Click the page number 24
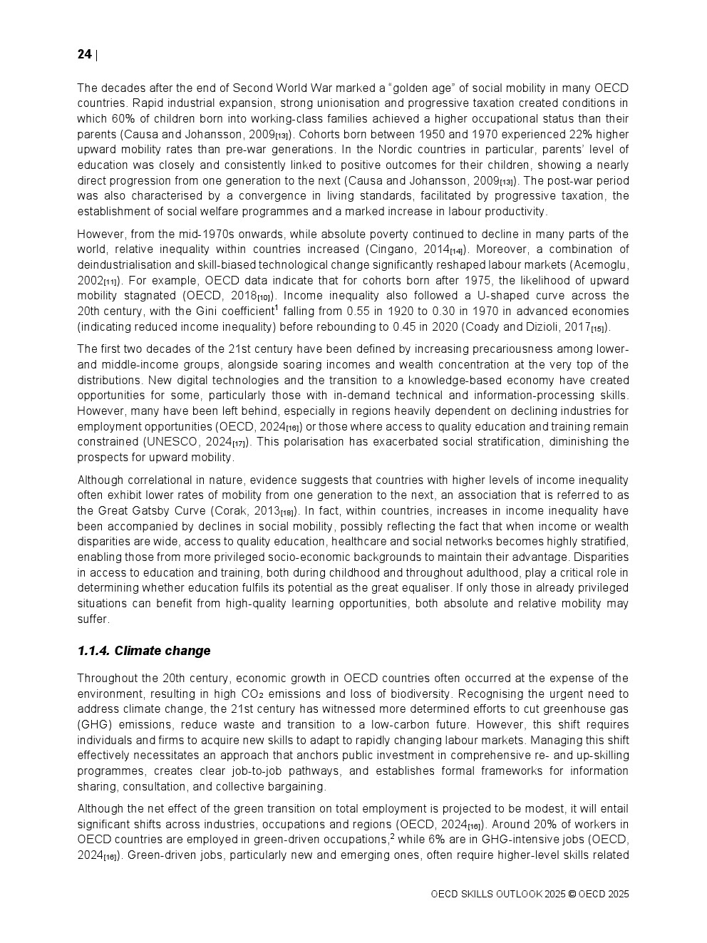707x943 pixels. pos(84,55)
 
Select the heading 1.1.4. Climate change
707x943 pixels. pos(143,651)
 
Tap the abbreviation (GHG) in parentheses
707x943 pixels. pos(94,725)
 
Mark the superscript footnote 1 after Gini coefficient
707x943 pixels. pos(277,307)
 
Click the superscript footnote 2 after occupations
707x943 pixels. pos(392,835)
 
